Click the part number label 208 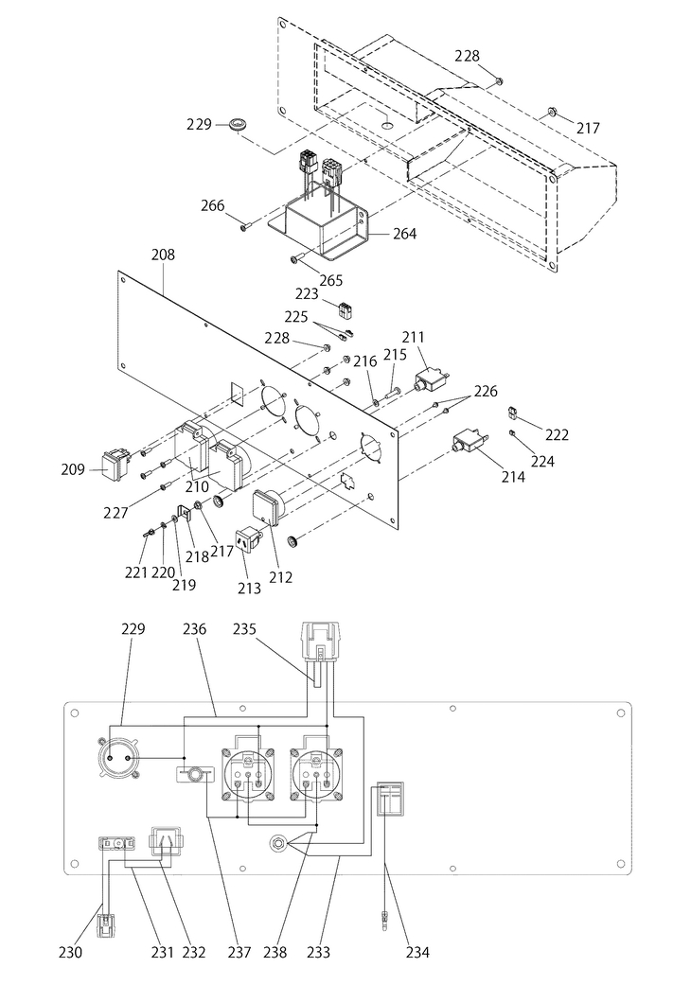pos(164,255)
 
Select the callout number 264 pos(404,234)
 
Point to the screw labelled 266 pos(245,227)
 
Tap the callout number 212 pos(280,576)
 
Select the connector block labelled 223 pos(345,309)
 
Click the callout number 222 pos(557,434)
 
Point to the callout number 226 pos(486,392)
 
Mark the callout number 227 pos(115,513)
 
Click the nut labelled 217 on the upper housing pos(551,112)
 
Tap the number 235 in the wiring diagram pos(244,629)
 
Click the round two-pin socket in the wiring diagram pos(119,758)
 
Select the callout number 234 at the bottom pos(417,952)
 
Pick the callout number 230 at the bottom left pos(70,952)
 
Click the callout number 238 pos(275,952)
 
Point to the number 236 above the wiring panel pos(195,629)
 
